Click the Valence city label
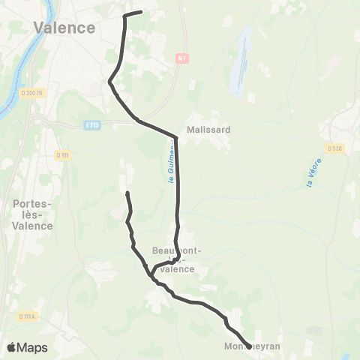(64, 28)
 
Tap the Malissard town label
(209, 129)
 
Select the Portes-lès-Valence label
(33, 214)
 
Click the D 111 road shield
(62, 155)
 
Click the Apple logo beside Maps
(12, 347)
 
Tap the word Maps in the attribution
(33, 348)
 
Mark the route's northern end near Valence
(141, 11)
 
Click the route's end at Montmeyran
(249, 346)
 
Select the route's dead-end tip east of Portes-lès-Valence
(127, 193)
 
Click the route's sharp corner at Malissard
(176, 136)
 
